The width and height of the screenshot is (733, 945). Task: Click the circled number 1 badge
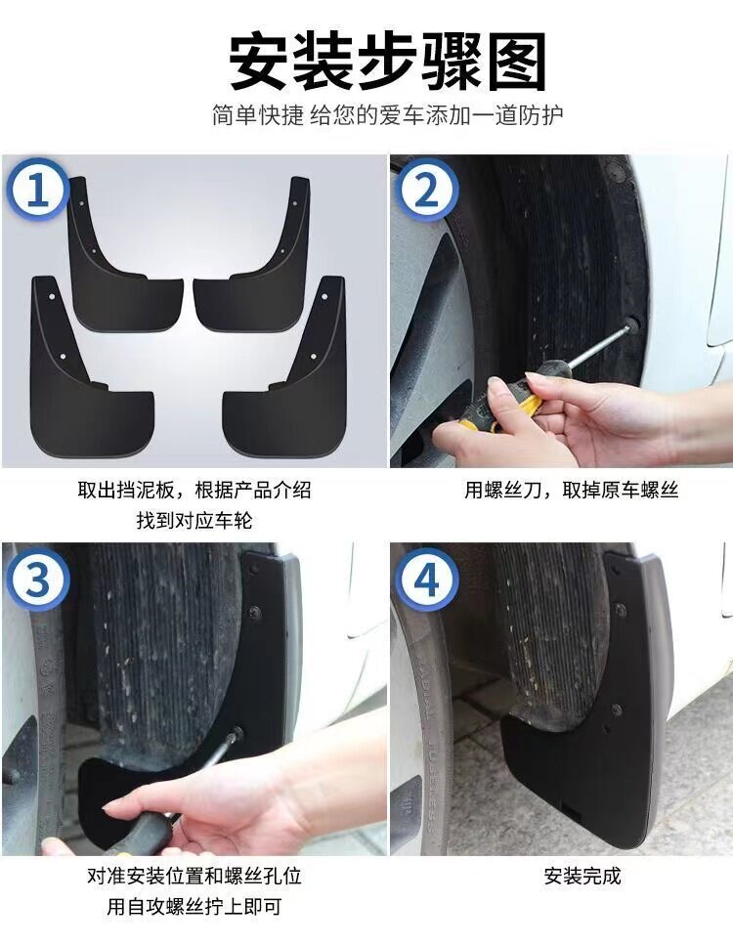[x=37, y=189]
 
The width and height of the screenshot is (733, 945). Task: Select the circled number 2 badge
[x=426, y=190]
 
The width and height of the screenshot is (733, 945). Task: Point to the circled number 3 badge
[x=37, y=580]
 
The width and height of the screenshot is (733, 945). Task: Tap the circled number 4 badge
[x=426, y=580]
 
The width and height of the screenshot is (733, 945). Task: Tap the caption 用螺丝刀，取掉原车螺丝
[x=571, y=490]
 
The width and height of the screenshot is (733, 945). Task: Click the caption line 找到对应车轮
[x=194, y=520]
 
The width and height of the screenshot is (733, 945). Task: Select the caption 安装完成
[x=582, y=876]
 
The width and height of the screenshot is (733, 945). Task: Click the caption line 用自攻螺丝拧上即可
[x=194, y=906]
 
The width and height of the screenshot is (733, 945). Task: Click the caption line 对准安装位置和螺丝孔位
[x=194, y=876]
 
